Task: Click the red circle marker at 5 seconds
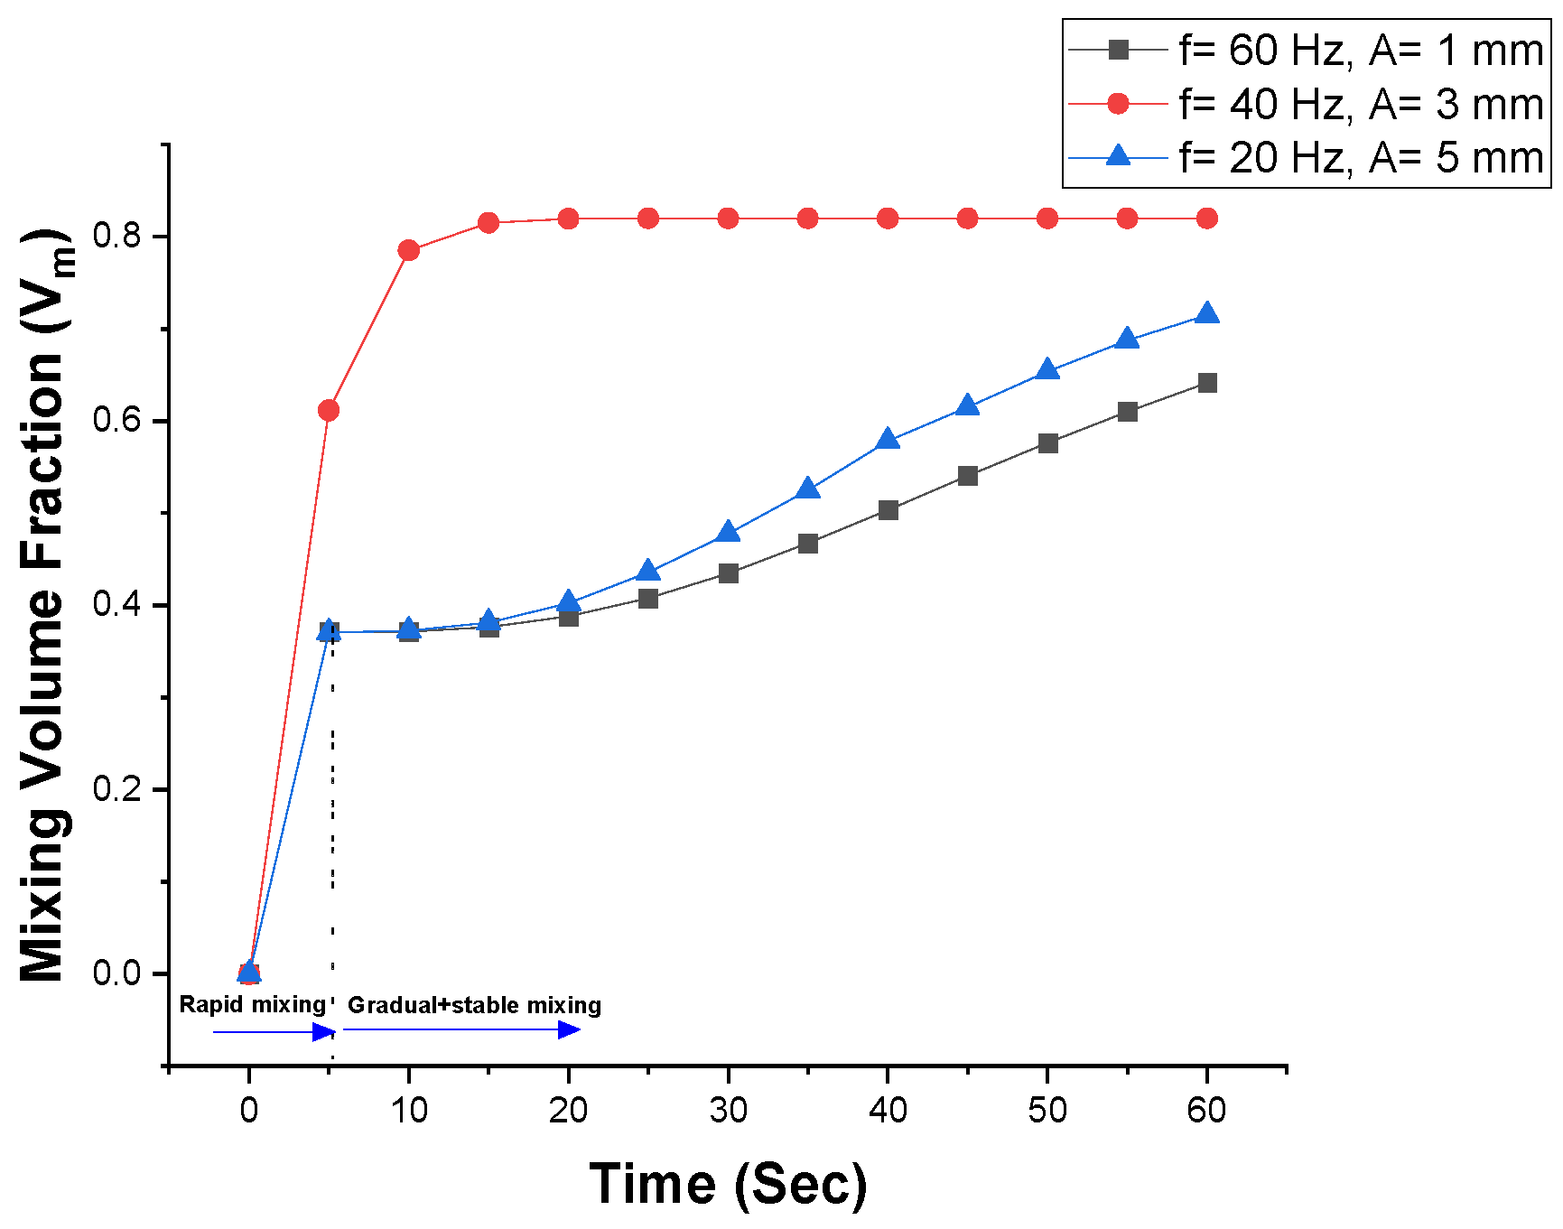pyautogui.click(x=329, y=411)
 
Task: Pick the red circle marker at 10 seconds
pyautogui.click(x=409, y=250)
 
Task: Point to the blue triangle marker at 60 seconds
pyautogui.click(x=1207, y=314)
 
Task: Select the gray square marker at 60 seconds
pyautogui.click(x=1207, y=383)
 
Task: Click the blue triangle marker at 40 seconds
pyautogui.click(x=888, y=440)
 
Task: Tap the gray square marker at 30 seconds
pyautogui.click(x=729, y=573)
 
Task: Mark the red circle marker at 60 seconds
pyautogui.click(x=1207, y=219)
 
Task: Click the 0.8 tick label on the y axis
pyautogui.click(x=118, y=237)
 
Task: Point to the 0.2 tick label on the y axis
pyautogui.click(x=118, y=789)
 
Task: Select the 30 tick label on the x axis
pyautogui.click(x=728, y=1110)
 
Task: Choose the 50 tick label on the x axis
pyautogui.click(x=1047, y=1110)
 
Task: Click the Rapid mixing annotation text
pyautogui.click(x=252, y=1004)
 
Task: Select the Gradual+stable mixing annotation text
pyautogui.click(x=474, y=1005)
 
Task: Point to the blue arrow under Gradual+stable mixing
pyautogui.click(x=461, y=1029)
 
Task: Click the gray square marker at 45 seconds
pyautogui.click(x=968, y=476)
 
